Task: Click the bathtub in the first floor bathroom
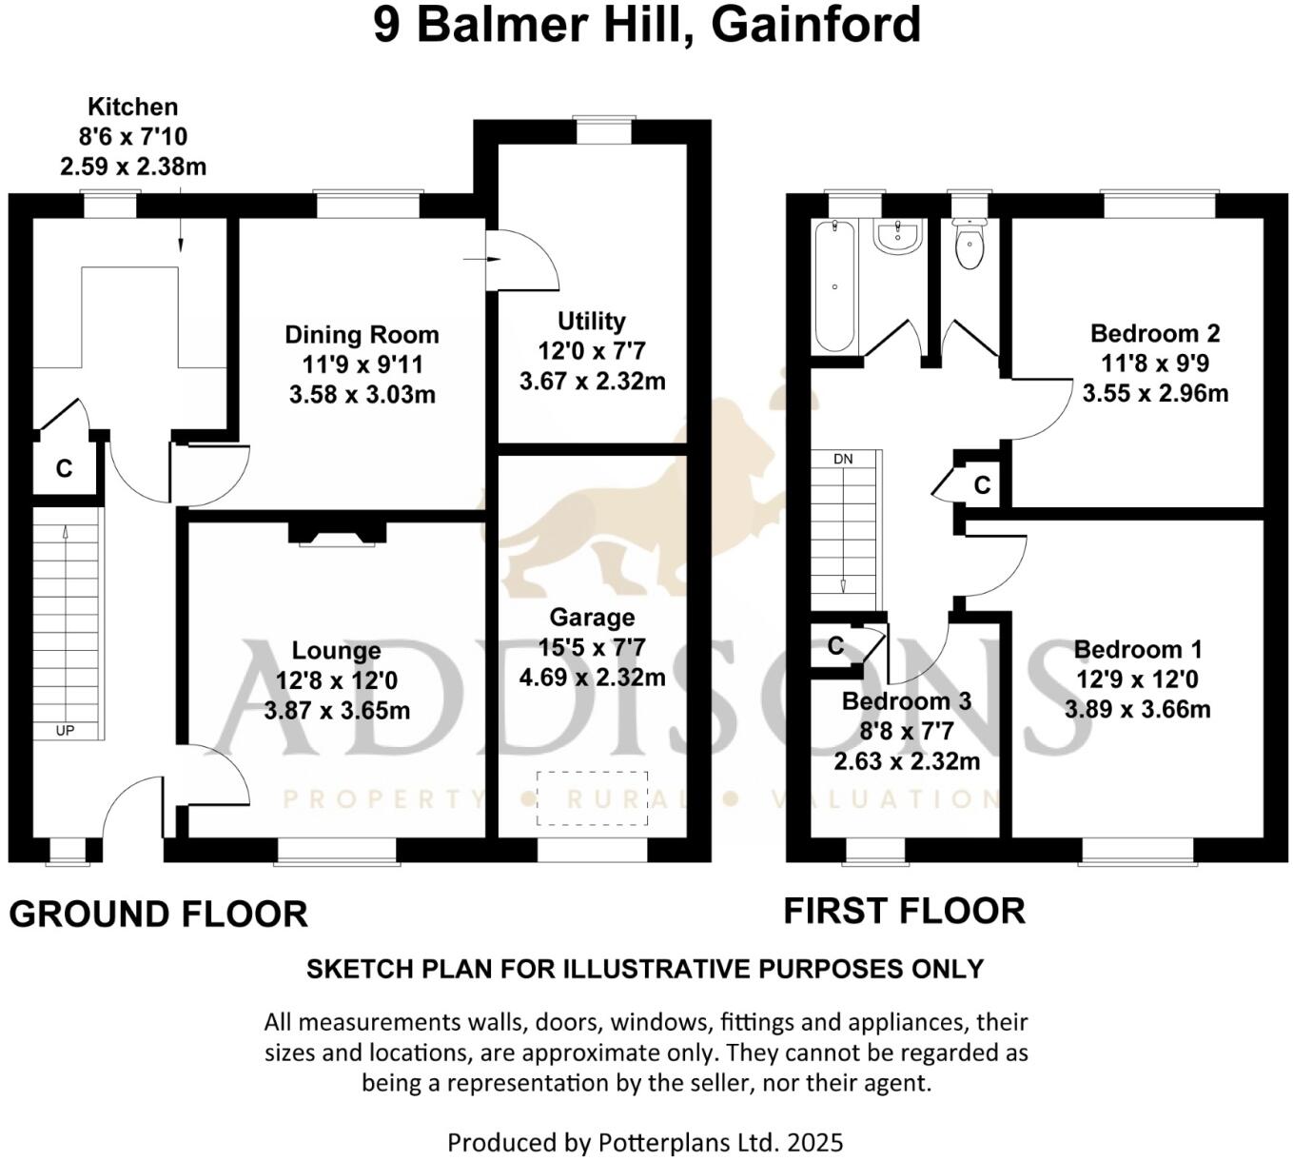[834, 285]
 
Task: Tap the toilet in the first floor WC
[970, 246]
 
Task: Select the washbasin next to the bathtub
[898, 237]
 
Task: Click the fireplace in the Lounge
[331, 534]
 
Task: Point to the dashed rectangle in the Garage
[592, 797]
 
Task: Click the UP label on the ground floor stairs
[65, 731]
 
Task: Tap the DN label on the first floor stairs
[843, 459]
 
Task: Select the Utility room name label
[591, 321]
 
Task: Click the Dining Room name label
[362, 335]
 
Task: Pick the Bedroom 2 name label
[1154, 333]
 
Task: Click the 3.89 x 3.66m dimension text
[1137, 709]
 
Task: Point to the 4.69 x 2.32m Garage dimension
[591, 678]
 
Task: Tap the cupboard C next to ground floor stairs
[64, 468]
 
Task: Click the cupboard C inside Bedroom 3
[835, 646]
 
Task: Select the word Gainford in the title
[815, 25]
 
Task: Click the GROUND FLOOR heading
[158, 914]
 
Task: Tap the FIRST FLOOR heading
[904, 911]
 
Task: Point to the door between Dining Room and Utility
[521, 260]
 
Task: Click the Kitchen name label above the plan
[132, 107]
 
